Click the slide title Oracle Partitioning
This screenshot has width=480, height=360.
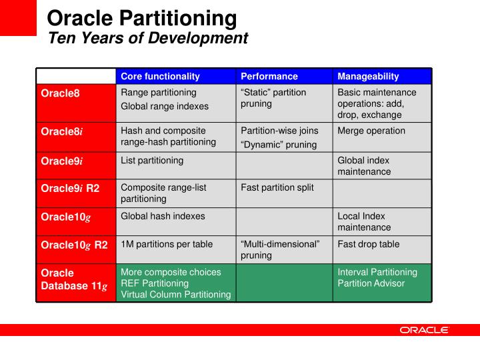pyautogui.click(x=142, y=18)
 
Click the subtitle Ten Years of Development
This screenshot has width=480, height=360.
pyautogui.click(x=148, y=39)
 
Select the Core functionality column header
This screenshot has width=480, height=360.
pyautogui.click(x=160, y=77)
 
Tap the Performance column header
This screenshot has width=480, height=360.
pyautogui.click(x=269, y=77)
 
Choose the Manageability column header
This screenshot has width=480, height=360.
pyautogui.click(x=368, y=77)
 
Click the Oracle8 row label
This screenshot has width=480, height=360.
pyautogui.click(x=60, y=93)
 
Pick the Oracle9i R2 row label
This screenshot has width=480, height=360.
pyautogui.click(x=70, y=188)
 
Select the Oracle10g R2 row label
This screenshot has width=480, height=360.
pyautogui.click(x=74, y=245)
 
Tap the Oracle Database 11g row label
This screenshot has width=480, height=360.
pyautogui.click(x=73, y=279)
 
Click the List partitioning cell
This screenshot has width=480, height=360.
pyautogui.click(x=152, y=161)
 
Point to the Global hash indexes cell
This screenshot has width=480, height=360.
pyautogui.click(x=163, y=216)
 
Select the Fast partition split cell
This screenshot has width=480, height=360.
pyautogui.click(x=276, y=188)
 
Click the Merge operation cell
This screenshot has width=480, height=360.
pyautogui.click(x=371, y=131)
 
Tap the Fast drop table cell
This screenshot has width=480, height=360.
pyautogui.click(x=368, y=244)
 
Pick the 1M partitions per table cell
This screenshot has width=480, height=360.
pyautogui.click(x=167, y=244)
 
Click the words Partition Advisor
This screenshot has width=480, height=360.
pyautogui.click(x=371, y=283)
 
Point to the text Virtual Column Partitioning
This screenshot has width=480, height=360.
pyautogui.click(x=175, y=295)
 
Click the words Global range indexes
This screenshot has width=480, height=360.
pyautogui.click(x=164, y=106)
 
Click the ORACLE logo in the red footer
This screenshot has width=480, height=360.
pyautogui.click(x=424, y=330)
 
